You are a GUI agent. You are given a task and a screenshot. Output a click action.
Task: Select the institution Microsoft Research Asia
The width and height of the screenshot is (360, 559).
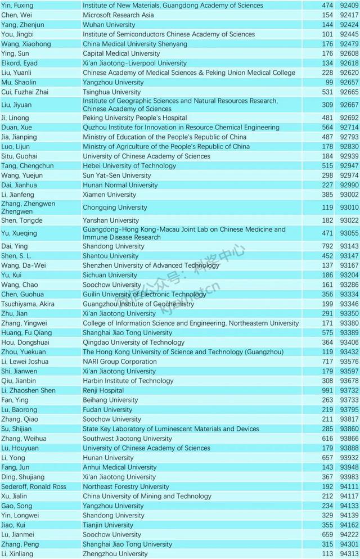point(118,15)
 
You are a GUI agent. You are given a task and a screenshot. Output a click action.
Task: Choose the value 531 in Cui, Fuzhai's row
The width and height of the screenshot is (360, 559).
point(310,92)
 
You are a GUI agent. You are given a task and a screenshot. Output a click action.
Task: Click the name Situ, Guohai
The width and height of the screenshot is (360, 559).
point(19,156)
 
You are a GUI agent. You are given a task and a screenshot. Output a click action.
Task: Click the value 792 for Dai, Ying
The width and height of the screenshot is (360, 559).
point(310,246)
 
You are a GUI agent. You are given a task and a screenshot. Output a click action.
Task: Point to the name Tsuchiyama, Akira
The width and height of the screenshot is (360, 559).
point(28,304)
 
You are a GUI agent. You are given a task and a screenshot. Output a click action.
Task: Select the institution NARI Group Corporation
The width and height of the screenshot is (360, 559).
point(120,362)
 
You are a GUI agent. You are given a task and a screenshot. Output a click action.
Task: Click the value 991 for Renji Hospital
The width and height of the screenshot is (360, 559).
point(310,390)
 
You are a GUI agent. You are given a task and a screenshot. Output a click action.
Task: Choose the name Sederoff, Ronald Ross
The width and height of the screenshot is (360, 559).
point(34,486)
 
